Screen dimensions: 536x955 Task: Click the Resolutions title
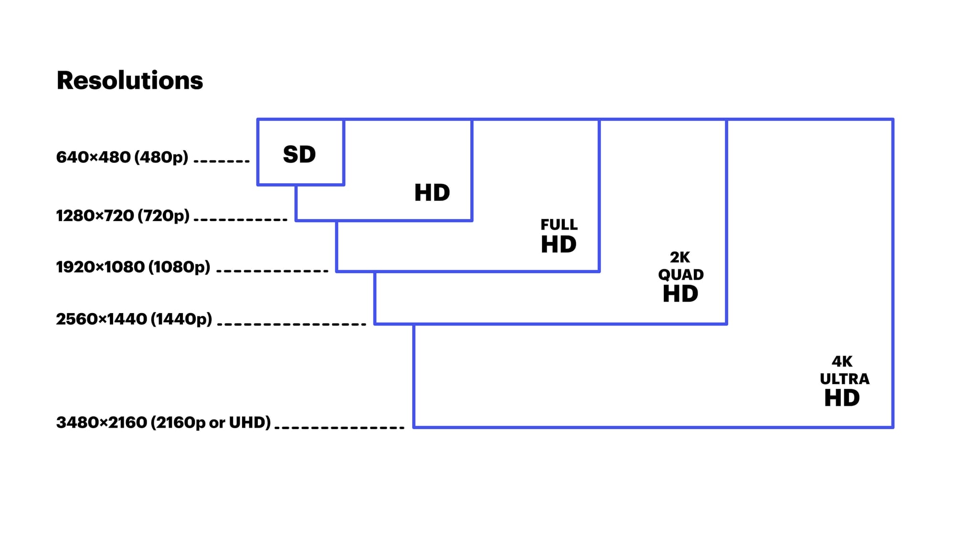[129, 80]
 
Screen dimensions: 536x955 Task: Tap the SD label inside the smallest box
[299, 155]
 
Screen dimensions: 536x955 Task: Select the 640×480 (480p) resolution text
[122, 157]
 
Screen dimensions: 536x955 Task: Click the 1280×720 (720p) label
[123, 216]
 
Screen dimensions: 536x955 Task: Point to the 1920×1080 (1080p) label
[133, 267]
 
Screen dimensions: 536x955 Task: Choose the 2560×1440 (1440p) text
[134, 319]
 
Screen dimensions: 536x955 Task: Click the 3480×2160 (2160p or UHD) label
[164, 422]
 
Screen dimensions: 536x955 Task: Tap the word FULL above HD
[559, 224]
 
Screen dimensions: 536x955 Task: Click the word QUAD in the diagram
[680, 275]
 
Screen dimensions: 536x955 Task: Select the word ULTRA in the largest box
[844, 379]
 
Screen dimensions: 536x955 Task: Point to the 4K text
[842, 361]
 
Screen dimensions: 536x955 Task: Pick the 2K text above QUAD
[679, 257]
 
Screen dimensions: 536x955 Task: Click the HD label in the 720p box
[432, 193]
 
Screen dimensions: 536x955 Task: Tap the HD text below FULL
[559, 245]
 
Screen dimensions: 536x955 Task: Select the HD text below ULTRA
[842, 398]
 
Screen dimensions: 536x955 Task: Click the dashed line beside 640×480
[222, 161]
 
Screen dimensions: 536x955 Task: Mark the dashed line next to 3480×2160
[340, 427]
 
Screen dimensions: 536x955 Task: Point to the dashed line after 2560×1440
[292, 324]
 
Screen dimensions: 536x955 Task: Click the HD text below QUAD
[680, 294]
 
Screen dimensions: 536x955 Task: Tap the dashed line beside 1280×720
[241, 220]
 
